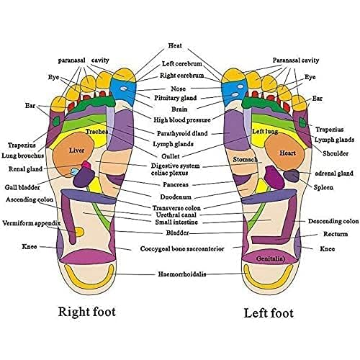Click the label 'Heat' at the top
click(x=175, y=45)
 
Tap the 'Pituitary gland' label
click(x=176, y=97)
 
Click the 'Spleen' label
click(x=323, y=188)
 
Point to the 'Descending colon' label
click(x=333, y=221)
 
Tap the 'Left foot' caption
click(x=268, y=313)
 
